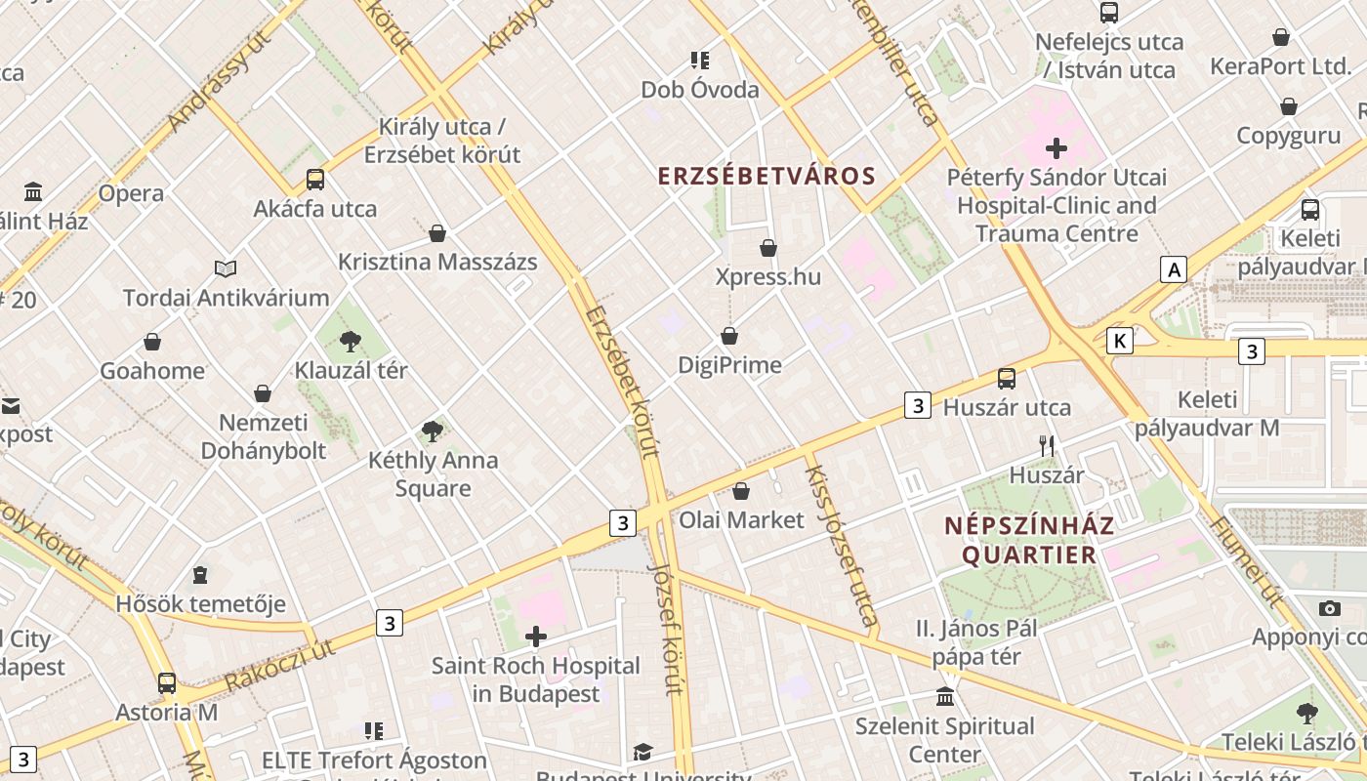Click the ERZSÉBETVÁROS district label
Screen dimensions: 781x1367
pyautogui.click(x=766, y=176)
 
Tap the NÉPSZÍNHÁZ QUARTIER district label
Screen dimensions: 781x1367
pyautogui.click(x=1029, y=540)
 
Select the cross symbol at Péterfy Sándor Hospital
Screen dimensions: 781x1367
pyautogui.click(x=1056, y=148)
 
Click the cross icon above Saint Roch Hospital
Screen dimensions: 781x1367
pyautogui.click(x=536, y=637)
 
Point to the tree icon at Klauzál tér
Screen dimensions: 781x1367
pyautogui.click(x=351, y=342)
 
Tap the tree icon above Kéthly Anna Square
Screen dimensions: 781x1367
pyautogui.click(x=432, y=431)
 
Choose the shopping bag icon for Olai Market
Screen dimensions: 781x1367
pyautogui.click(x=741, y=491)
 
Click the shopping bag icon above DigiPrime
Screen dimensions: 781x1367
pyautogui.click(x=729, y=337)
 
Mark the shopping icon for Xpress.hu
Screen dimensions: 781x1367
pyautogui.click(x=768, y=248)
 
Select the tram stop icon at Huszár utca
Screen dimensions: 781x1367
pyautogui.click(x=1007, y=379)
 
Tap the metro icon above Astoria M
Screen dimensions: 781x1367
pyautogui.click(x=167, y=683)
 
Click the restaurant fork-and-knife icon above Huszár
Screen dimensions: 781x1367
pyautogui.click(x=1047, y=446)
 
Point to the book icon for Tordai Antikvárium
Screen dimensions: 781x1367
pyautogui.click(x=226, y=268)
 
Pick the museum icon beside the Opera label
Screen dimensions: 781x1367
pyautogui.click(x=33, y=190)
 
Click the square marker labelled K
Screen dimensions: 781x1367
pyautogui.click(x=1119, y=341)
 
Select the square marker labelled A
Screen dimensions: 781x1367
pyautogui.click(x=1174, y=269)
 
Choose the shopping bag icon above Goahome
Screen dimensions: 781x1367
pyautogui.click(x=152, y=342)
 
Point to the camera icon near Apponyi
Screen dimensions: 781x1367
pyautogui.click(x=1330, y=609)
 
